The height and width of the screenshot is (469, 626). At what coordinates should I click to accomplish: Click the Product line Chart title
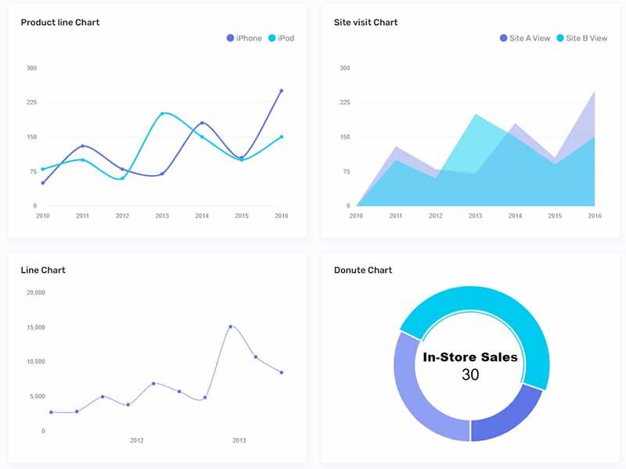coord(60,23)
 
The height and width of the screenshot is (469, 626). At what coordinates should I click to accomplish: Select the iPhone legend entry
coord(244,38)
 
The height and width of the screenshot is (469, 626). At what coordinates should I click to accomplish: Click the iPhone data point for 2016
coord(281,91)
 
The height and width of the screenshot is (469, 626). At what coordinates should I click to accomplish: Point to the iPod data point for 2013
coord(162,113)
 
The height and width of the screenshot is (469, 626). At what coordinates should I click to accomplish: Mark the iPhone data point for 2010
coord(43,183)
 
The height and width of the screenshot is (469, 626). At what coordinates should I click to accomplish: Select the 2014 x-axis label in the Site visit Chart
coord(515,216)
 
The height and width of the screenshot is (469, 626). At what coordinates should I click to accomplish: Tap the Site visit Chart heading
coord(365,23)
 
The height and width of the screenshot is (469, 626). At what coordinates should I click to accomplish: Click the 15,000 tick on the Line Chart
coord(36,328)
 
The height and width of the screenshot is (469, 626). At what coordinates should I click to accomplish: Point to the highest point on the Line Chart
coord(230,327)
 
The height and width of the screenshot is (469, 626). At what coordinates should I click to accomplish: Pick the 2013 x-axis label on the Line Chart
coord(239,441)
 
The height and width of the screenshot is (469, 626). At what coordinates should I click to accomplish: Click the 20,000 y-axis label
coord(36,293)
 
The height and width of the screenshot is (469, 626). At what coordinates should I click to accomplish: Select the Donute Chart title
coord(363,270)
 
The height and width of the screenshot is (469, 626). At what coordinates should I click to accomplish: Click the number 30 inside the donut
coord(470,375)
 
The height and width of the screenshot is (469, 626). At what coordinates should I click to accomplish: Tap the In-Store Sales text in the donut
coord(470,357)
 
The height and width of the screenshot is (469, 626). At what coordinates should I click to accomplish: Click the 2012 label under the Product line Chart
coord(122,216)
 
